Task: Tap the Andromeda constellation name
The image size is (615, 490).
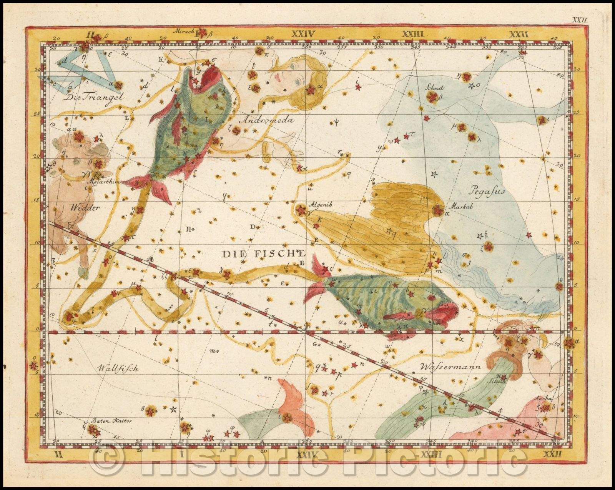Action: coord(266,120)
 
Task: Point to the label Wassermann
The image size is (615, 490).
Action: coord(450,366)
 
